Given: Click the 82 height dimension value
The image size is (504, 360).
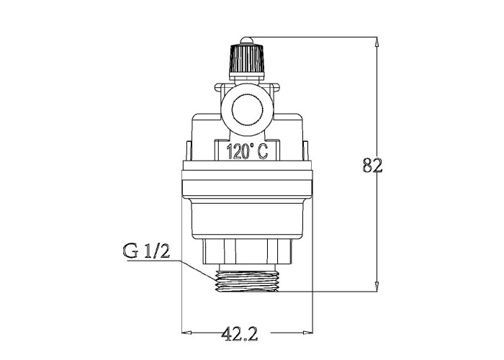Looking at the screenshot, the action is (372, 165).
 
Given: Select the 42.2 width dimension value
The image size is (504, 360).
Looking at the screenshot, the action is (240, 334).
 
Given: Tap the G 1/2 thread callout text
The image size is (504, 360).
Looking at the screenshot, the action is (146, 251).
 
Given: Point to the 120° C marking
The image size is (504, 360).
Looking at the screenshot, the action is (247, 151).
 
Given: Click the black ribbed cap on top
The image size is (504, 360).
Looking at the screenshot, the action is (246, 58).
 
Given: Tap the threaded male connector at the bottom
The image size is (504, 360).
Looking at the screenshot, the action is (246, 282).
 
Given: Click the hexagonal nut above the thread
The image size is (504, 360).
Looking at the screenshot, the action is (247, 251).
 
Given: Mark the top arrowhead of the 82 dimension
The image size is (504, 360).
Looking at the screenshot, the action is (377, 42).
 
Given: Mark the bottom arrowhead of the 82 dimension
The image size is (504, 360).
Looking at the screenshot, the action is (377, 287).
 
